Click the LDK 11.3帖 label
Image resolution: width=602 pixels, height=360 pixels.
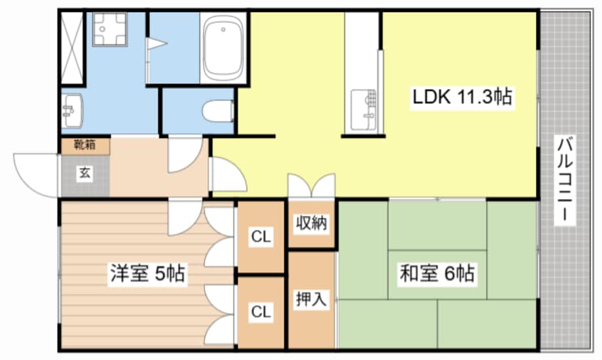(463, 97)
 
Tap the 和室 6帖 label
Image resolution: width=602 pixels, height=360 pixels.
(437, 272)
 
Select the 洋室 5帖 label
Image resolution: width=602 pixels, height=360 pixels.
(147, 273)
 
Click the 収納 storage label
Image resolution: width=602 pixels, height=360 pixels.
(311, 223)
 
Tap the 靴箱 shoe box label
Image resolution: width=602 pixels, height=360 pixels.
(85, 145)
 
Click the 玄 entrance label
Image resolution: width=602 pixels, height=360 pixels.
(84, 172)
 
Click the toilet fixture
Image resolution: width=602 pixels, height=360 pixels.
(217, 111)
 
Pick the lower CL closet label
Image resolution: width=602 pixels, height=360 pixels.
(261, 311)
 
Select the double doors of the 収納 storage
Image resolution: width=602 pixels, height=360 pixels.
(311, 186)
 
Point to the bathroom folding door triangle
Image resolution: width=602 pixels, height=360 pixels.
(157, 44)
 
